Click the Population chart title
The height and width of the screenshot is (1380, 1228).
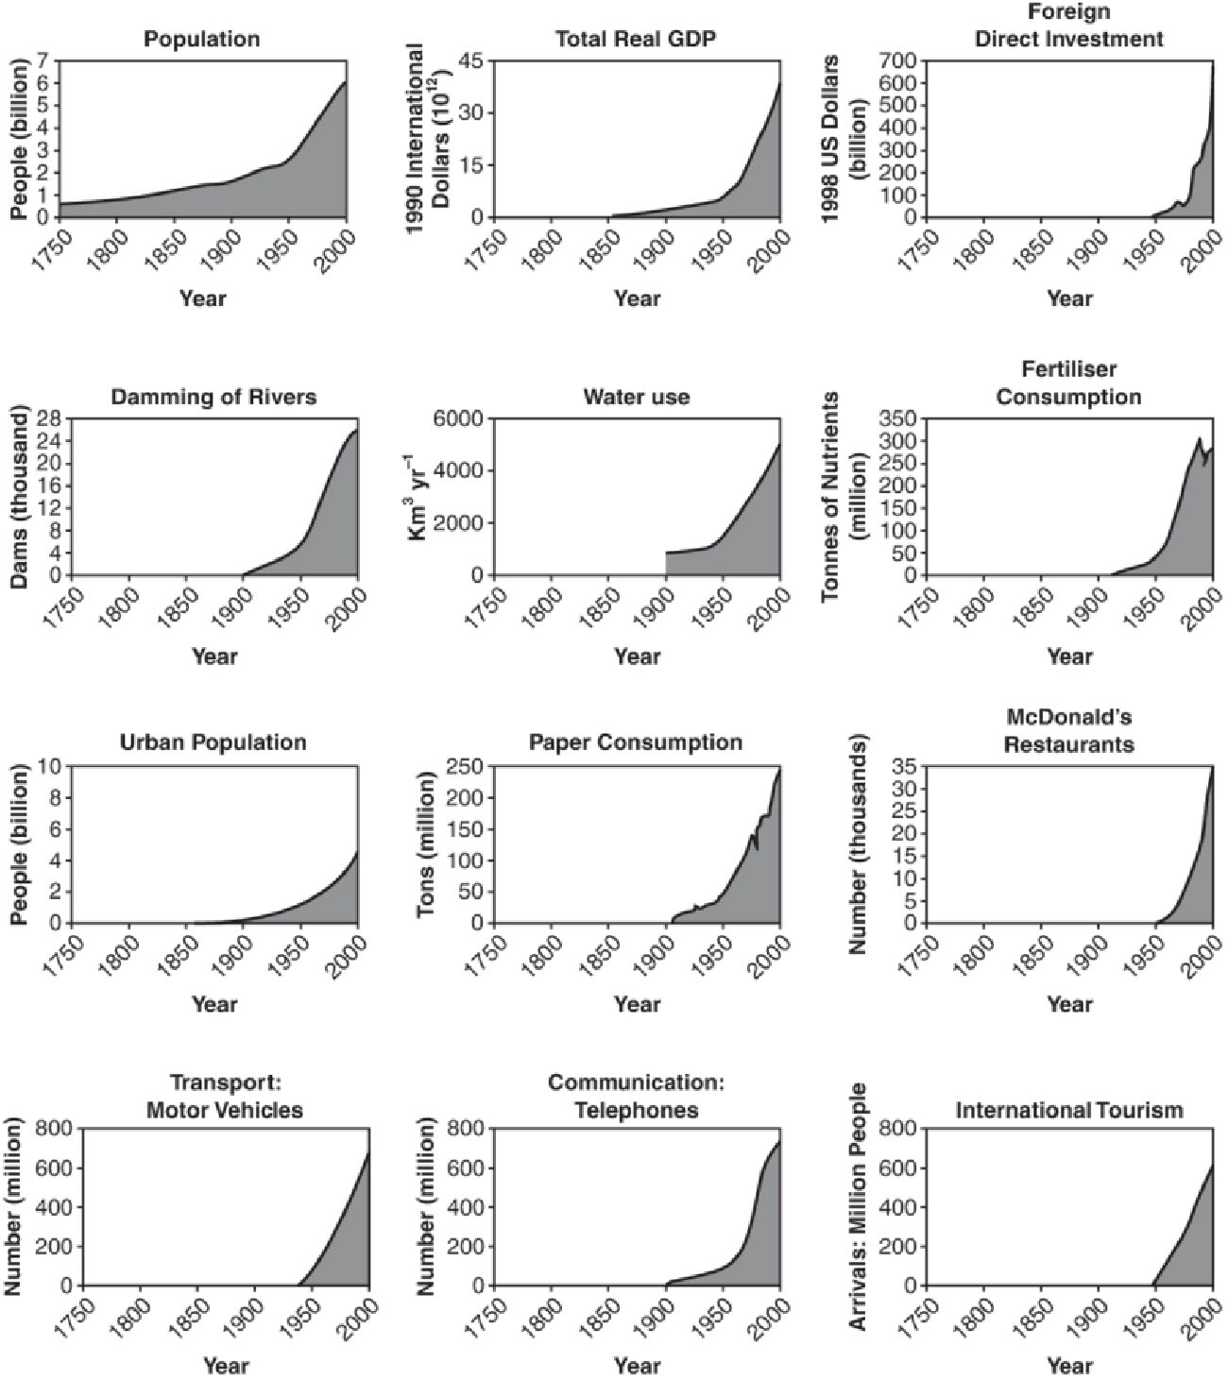[201, 39]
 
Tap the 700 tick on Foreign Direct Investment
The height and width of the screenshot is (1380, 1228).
[899, 60]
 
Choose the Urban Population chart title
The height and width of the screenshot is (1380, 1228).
[213, 742]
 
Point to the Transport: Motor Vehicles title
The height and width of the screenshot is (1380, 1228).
[225, 1096]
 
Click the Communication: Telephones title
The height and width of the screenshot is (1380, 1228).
[636, 1096]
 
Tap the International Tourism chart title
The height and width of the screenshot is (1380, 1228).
[1068, 1109]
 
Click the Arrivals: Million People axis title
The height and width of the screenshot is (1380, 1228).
[859, 1207]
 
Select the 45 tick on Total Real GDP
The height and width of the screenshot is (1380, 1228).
[469, 60]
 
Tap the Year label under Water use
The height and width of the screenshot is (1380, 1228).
[637, 656]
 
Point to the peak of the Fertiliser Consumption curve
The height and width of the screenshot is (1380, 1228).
[1199, 439]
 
